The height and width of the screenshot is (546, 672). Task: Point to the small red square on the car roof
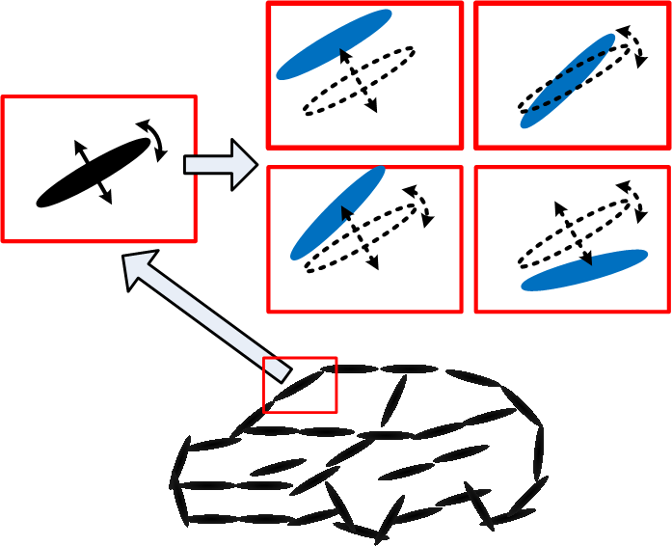click(300, 385)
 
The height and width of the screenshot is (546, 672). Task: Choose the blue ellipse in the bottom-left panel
click(336, 213)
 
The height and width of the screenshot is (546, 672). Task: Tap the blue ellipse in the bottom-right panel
click(584, 270)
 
